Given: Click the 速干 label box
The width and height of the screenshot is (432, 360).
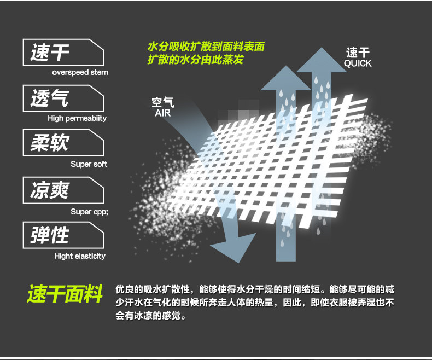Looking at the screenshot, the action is click(x=63, y=52).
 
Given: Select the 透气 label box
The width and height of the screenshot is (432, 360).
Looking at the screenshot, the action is click(x=63, y=98).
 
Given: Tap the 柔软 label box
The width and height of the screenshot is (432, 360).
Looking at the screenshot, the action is click(x=63, y=144).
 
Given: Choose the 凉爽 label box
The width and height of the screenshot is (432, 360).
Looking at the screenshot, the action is click(x=63, y=191).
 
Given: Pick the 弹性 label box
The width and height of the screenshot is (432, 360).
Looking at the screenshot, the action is click(x=63, y=236).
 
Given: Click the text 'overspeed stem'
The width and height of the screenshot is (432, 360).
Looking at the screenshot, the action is click(x=80, y=72).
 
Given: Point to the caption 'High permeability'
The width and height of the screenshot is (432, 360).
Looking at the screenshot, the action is click(x=77, y=118).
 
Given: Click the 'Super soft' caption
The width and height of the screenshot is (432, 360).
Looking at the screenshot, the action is click(x=89, y=164).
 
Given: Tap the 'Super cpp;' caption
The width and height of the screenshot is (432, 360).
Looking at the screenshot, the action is click(x=89, y=212).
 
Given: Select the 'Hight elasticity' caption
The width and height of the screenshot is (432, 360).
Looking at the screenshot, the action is click(x=80, y=256).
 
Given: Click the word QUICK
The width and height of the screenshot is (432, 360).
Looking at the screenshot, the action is click(x=358, y=63).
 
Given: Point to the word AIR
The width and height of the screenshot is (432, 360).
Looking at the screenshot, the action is click(x=163, y=113).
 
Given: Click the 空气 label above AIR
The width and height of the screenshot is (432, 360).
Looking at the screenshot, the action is click(x=163, y=102).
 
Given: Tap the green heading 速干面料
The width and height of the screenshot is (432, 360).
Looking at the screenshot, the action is click(x=65, y=294).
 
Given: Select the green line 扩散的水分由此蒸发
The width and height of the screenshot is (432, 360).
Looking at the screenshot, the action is click(x=195, y=60).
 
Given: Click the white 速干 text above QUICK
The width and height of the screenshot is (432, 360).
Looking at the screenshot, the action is click(x=358, y=53).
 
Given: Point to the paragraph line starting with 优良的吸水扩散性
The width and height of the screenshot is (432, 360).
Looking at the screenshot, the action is click(x=255, y=289).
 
